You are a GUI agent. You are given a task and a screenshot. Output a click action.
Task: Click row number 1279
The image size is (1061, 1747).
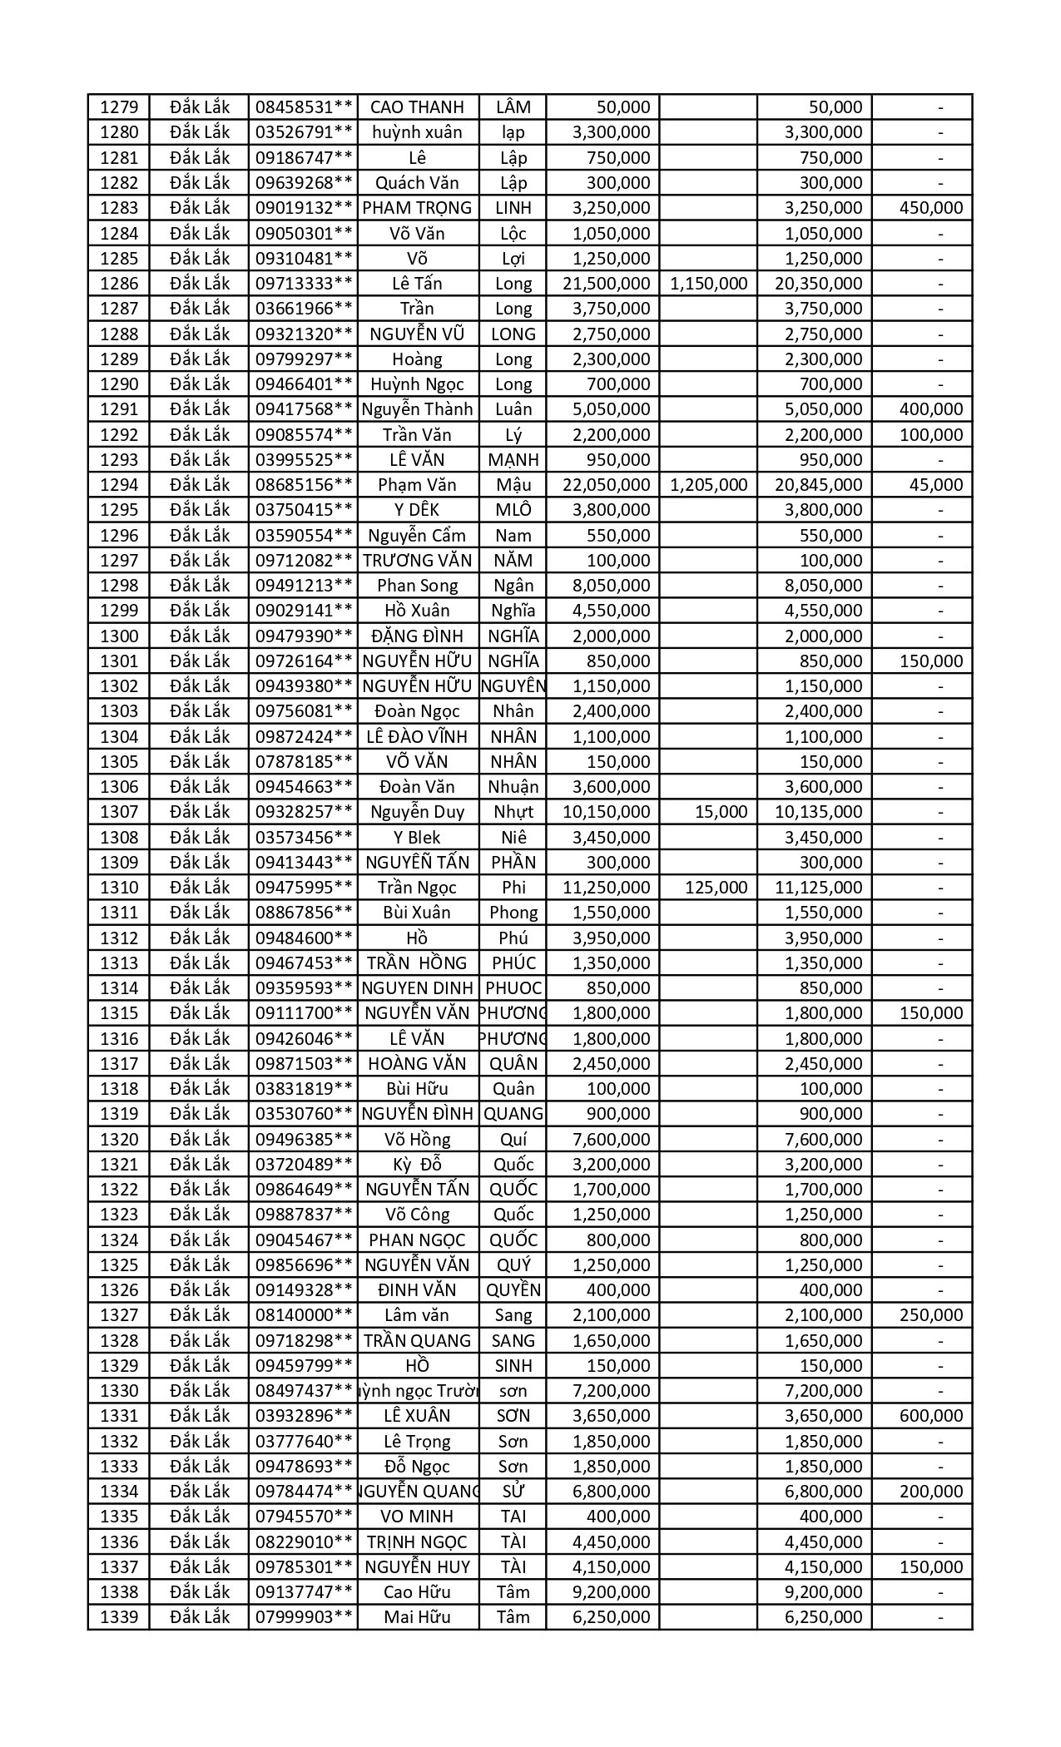pos(118,107)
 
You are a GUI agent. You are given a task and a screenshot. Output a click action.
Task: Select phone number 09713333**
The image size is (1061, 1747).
pos(304,284)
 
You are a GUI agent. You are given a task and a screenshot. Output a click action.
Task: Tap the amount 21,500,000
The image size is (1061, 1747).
pos(606,284)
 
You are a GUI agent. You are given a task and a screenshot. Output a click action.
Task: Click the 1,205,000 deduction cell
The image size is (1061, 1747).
pos(708,485)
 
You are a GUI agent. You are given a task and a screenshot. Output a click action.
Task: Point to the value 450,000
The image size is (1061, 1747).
pos(931,208)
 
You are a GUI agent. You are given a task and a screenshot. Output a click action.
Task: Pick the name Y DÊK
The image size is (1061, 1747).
pos(417,510)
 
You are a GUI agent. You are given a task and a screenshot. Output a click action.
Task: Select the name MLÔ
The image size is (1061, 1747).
pos(513,510)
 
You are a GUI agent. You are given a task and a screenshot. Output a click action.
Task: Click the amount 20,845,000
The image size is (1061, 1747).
pos(818,485)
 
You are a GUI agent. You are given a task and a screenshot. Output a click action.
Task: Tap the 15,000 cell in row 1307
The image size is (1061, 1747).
pos(721,812)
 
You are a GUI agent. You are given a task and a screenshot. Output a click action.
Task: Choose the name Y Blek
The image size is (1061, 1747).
pos(417,838)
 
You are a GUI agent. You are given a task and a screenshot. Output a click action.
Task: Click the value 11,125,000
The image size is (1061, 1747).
pos(818,888)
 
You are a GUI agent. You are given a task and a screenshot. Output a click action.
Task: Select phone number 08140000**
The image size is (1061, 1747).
pos(304,1315)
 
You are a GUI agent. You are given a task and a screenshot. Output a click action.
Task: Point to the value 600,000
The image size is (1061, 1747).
pos(931,1416)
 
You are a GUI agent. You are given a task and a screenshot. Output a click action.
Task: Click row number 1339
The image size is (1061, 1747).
pos(118,1617)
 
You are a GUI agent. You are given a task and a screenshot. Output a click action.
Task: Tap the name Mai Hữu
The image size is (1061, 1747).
pos(417,1617)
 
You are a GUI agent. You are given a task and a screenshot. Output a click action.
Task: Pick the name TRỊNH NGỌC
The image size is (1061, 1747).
pos(417,1542)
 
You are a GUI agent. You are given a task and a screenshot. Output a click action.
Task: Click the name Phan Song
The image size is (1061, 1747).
pos(417,586)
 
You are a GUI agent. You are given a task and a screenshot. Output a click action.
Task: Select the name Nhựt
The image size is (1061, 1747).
pos(513,812)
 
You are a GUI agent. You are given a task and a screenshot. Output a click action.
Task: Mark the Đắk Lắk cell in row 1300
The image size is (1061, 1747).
pos(200,636)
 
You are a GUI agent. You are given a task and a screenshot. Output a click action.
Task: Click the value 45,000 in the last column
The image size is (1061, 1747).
pos(936,485)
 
